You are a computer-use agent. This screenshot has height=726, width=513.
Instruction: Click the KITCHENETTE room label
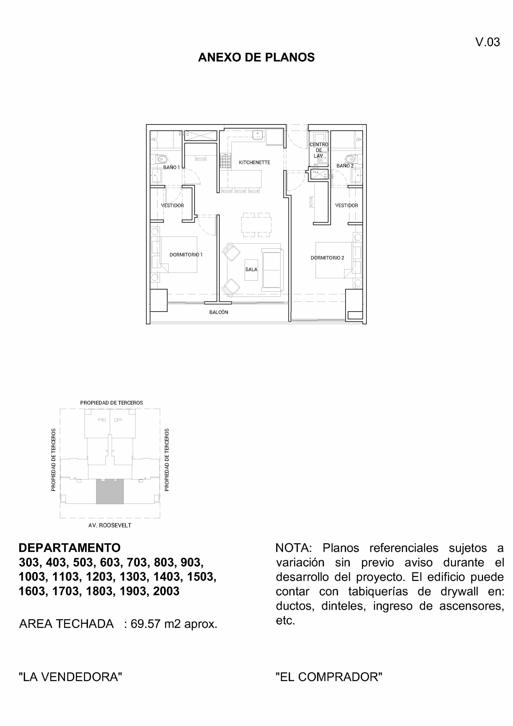coord(254,162)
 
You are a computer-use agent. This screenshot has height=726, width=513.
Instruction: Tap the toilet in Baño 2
coord(350,159)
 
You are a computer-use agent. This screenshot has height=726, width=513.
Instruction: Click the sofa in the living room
coord(272,270)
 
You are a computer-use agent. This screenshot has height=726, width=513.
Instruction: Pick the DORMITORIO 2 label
coord(327,258)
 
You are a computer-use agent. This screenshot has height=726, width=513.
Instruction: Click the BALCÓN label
coord(219,312)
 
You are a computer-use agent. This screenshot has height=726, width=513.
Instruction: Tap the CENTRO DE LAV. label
coord(318,150)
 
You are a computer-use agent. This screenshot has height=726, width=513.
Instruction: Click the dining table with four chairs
coord(256,225)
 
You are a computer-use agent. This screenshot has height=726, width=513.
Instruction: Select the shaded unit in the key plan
coord(110,492)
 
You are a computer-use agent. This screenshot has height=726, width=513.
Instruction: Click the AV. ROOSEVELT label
coord(110,525)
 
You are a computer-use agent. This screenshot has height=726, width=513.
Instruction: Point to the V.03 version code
coord(487,42)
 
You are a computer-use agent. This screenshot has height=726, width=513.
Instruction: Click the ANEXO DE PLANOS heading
coord(256,57)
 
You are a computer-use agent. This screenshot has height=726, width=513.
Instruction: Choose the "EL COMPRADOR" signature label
coord(329,677)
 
